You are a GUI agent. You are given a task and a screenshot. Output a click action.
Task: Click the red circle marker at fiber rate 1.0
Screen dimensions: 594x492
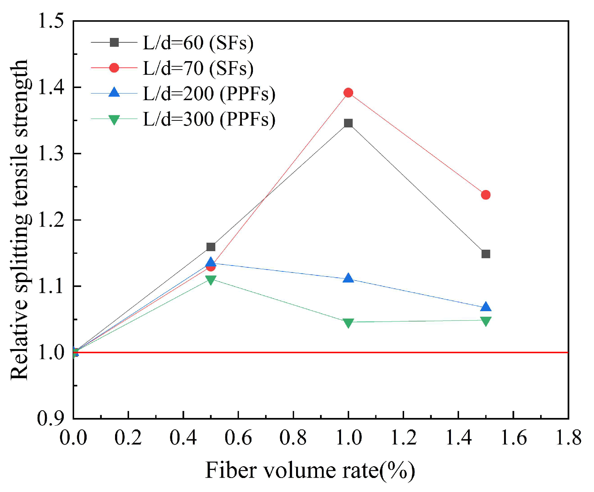(348, 92)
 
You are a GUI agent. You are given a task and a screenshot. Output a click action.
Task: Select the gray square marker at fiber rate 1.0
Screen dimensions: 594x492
(348, 123)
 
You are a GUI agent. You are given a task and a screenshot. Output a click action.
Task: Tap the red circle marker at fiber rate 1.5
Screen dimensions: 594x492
(486, 195)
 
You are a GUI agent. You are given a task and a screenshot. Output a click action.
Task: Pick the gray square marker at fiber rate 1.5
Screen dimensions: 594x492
(486, 254)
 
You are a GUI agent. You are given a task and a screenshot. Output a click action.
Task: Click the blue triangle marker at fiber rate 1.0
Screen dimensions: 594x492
(348, 278)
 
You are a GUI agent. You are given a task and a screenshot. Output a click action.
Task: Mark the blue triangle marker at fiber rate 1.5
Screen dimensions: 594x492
(486, 307)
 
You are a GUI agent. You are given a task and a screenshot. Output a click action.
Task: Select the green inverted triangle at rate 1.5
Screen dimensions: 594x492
(486, 321)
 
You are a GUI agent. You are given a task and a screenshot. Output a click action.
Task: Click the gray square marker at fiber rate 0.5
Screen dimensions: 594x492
(211, 247)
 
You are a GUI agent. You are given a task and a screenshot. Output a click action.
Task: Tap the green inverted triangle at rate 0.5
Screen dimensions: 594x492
(211, 280)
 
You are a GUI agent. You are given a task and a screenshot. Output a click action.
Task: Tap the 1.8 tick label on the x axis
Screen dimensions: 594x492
(568, 438)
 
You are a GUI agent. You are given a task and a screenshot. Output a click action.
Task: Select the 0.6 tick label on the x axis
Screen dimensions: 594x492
(238, 438)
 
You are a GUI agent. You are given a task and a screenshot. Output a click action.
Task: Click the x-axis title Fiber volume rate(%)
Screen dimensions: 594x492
(310, 471)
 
